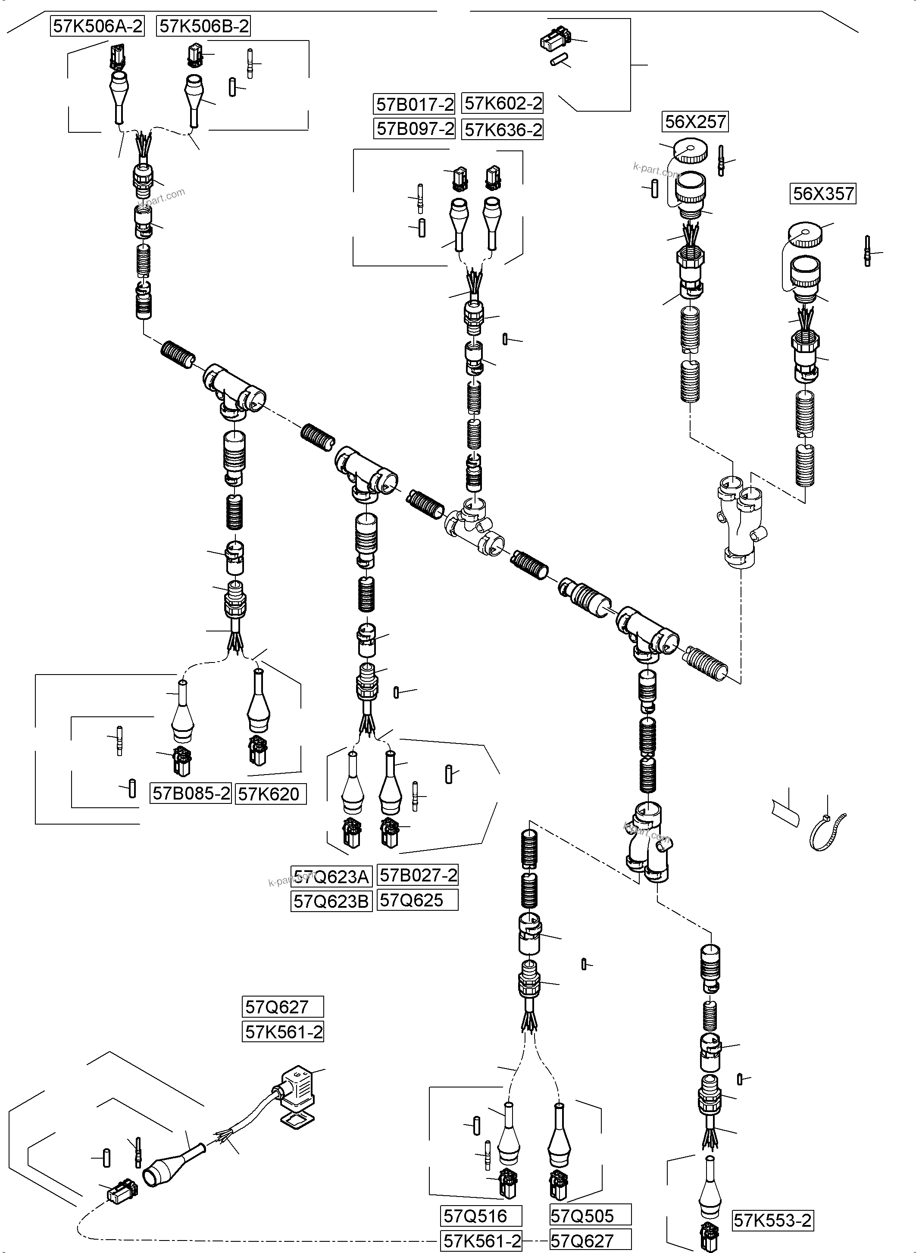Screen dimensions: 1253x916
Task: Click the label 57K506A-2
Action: pyautogui.click(x=97, y=26)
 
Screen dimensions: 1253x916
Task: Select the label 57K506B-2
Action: pyautogui.click(x=204, y=26)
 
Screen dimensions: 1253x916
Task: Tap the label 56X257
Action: pyautogui.click(x=695, y=122)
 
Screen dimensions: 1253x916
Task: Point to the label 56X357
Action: pyautogui.click(x=823, y=194)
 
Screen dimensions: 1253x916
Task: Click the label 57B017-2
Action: pyautogui.click(x=414, y=104)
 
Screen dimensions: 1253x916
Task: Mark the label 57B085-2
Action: pyautogui.click(x=191, y=794)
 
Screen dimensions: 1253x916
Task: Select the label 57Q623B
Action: pyautogui.click(x=331, y=901)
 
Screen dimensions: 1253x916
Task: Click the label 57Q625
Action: pyautogui.click(x=416, y=900)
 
